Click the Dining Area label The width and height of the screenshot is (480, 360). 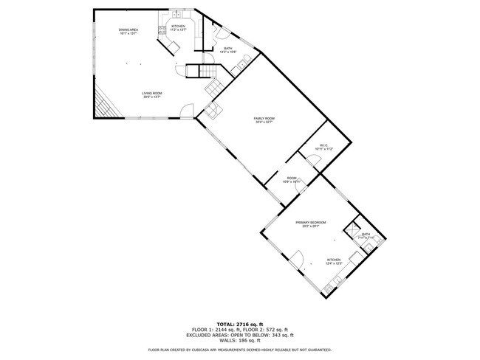pos(128,30)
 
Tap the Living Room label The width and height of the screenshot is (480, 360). pos(152,93)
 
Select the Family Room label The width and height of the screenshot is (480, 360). pos(264,118)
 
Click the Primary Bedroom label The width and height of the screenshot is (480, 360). pos(311,222)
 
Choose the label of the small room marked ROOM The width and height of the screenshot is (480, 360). pos(292,178)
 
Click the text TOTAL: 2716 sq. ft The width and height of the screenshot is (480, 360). pos(240,324)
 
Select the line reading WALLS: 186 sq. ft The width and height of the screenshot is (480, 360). pos(240,339)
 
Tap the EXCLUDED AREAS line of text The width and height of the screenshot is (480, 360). pos(240,334)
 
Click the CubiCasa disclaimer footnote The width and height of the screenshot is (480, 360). pos(240,350)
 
